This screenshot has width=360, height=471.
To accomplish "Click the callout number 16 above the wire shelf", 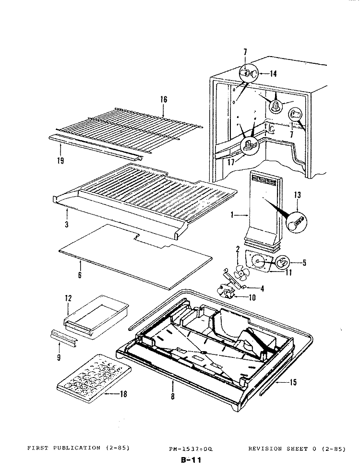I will pyautogui.click(x=164, y=100).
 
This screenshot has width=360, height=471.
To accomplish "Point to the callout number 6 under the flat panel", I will pyautogui.click(x=80, y=275).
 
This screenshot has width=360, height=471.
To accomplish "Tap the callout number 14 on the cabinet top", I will pyautogui.click(x=273, y=74).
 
